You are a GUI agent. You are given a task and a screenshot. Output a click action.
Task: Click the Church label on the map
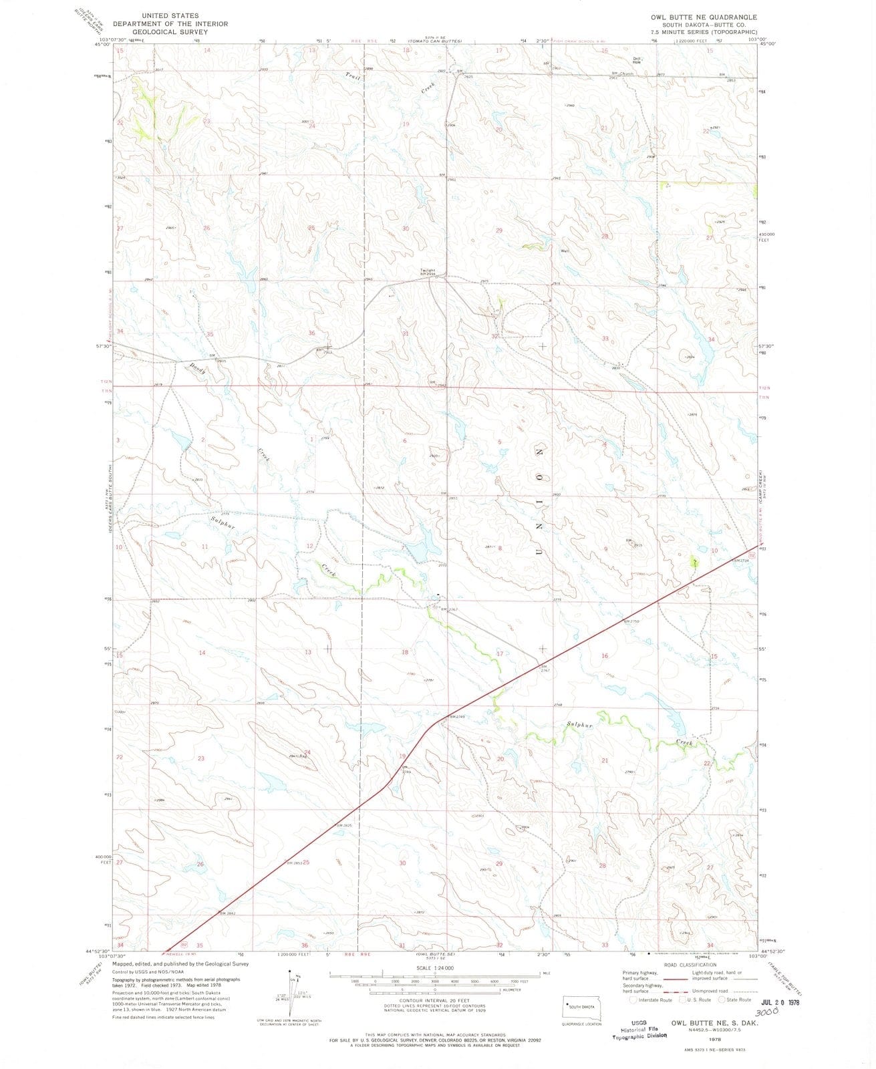pos(626,73)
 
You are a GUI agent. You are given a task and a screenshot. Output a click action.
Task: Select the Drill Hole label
pos(637,60)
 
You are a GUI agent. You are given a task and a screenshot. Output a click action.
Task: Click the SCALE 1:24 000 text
pos(434,967)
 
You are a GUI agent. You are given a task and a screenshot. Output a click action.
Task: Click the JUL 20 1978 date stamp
pos(780,1002)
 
